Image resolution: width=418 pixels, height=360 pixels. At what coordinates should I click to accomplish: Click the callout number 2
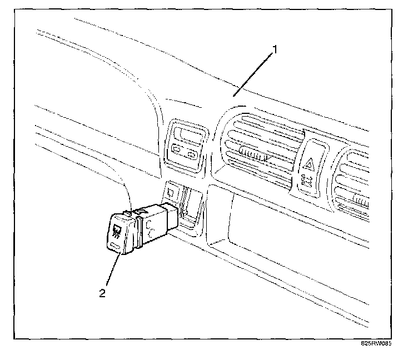coord(102,293)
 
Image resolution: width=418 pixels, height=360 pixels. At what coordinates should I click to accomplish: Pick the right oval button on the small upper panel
coord(192,154)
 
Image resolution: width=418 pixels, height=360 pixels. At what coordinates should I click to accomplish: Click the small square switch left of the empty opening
coord(171,193)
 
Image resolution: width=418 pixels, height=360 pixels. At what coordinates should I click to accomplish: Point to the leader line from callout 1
coord(253,72)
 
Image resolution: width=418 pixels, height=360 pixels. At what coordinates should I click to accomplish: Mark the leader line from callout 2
coord(111,272)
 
